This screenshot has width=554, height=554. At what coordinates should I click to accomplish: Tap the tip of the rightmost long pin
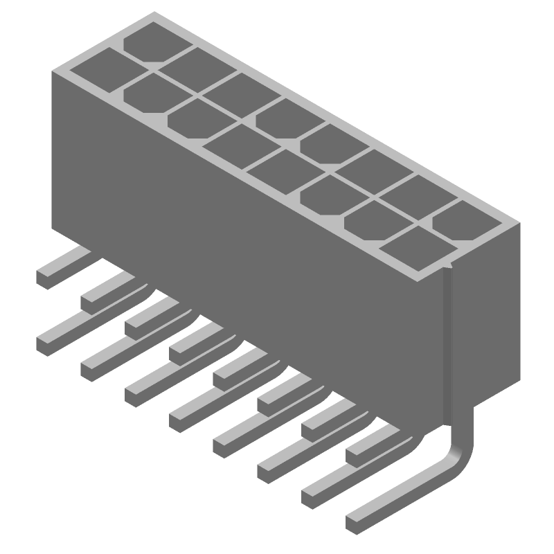pos(354,521)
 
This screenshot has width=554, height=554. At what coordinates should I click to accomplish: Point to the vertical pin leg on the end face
pos(449,346)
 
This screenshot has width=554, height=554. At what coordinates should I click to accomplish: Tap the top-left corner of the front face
pos(53,71)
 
